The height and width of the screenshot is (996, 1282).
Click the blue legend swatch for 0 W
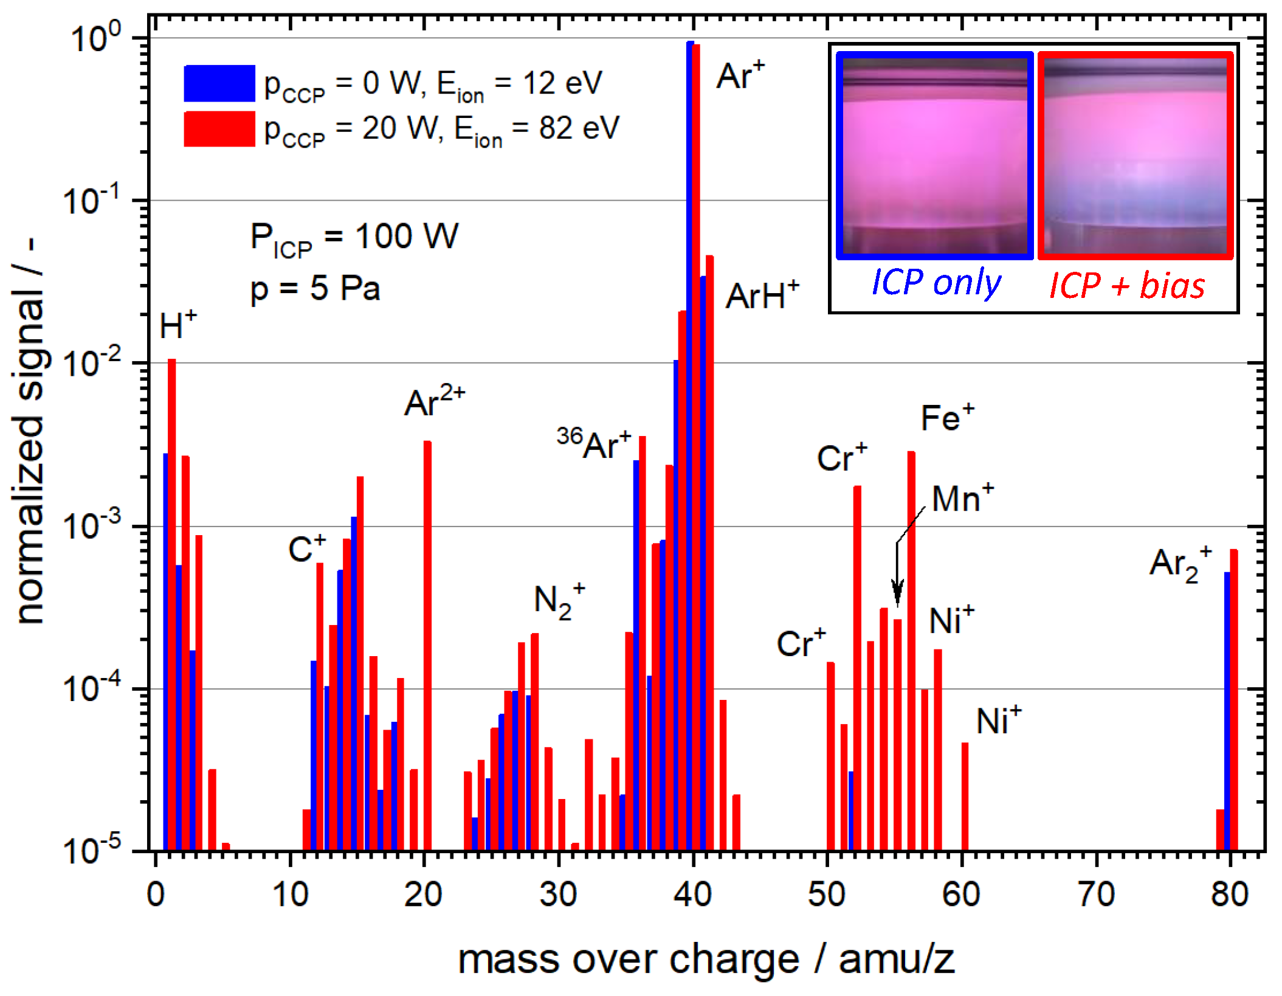click(x=219, y=83)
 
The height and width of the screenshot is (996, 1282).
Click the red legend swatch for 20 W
click(x=219, y=129)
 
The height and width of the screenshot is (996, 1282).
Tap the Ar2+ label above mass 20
click(x=434, y=402)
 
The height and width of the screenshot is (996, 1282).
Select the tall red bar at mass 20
click(x=427, y=645)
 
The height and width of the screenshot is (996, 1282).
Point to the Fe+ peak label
click(x=946, y=418)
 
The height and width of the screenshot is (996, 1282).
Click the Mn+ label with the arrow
click(x=962, y=499)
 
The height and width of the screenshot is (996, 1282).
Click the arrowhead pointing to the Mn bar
click(x=897, y=593)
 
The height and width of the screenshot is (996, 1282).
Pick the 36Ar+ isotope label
click(x=594, y=444)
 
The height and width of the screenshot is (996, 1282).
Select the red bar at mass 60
click(x=965, y=797)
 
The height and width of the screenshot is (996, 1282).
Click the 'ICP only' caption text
click(x=936, y=283)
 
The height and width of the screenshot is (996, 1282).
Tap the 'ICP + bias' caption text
click(x=1126, y=285)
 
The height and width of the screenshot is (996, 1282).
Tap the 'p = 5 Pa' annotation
click(x=315, y=289)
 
